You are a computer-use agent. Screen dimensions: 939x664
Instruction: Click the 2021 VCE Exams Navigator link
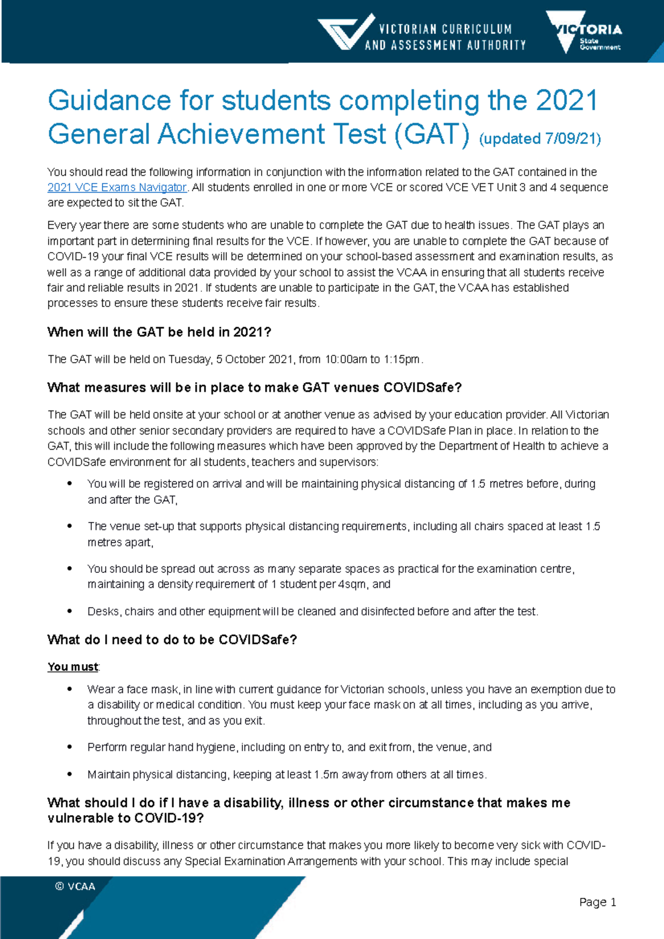(x=117, y=187)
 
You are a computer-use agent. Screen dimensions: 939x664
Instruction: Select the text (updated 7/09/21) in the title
(x=539, y=138)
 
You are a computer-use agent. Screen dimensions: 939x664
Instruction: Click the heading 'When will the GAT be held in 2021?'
(x=159, y=332)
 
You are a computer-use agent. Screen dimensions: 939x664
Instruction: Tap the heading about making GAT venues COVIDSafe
(x=255, y=388)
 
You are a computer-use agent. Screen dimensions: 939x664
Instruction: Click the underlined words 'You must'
(x=72, y=667)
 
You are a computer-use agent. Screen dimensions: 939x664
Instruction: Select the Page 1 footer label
(x=598, y=903)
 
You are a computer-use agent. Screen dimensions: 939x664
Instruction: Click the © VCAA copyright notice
(x=75, y=886)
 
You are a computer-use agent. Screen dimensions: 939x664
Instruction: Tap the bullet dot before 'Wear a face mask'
(x=70, y=689)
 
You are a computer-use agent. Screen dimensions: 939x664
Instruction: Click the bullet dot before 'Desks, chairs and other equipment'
(x=70, y=611)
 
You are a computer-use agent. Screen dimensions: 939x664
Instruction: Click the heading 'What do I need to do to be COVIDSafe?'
(x=172, y=640)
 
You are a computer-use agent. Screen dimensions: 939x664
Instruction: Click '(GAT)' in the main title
(x=432, y=134)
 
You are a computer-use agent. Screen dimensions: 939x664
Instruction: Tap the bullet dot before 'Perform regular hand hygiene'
(x=70, y=747)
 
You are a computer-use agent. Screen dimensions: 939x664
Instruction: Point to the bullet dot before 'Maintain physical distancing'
(x=70, y=774)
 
